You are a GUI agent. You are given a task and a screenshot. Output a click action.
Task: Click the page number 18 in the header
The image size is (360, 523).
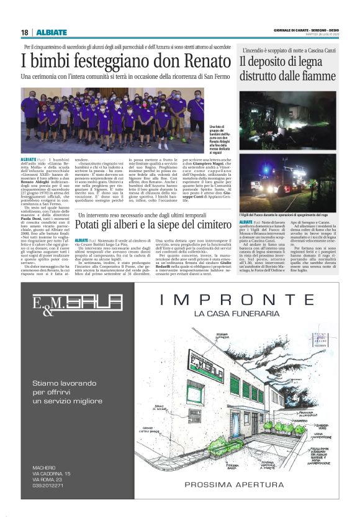click(24, 32)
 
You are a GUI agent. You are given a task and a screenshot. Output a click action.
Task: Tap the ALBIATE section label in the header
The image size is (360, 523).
click(47, 32)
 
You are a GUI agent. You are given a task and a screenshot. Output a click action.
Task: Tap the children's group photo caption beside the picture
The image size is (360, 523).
click(216, 140)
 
